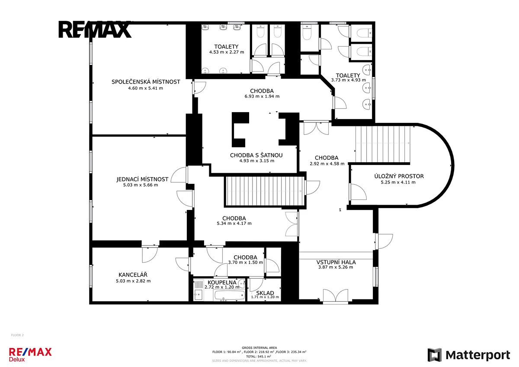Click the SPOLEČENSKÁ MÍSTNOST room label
tap(146, 82)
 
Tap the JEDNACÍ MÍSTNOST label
tap(142, 179)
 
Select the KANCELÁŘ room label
tap(133, 275)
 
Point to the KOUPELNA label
tap(222, 282)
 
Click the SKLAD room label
tap(265, 293)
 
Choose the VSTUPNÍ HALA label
tap(336, 262)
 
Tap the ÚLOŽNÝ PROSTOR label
tap(399, 176)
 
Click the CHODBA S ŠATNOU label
tap(256, 155)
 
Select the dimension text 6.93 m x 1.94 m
tap(262, 96)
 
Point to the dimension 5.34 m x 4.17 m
tap(234, 223)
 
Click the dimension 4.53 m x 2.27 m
tap(227, 52)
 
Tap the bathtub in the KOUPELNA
tap(229, 295)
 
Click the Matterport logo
tap(469, 355)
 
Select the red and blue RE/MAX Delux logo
tap(30, 354)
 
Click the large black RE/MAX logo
tap(95, 29)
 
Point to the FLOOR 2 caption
tap(17, 335)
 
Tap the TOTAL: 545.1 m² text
tap(259, 356)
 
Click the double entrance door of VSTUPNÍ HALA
tap(336, 296)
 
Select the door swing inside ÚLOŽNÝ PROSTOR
tap(358, 192)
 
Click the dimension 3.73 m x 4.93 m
tap(349, 80)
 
